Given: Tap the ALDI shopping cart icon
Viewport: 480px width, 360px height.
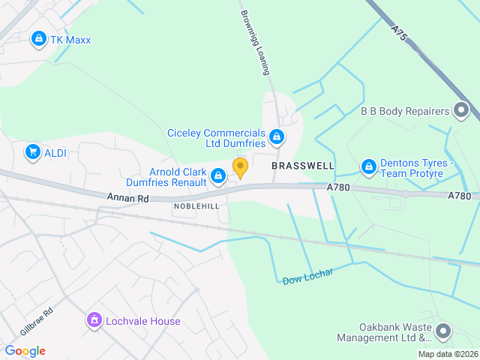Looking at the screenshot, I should point(32,152).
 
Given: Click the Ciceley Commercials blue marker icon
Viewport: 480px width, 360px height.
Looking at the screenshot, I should point(277,136).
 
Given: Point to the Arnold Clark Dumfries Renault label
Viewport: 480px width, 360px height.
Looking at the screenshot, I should point(178,176).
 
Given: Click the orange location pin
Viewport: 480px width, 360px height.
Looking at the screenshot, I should point(240,167).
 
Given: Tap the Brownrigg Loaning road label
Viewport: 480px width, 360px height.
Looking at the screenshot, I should point(253,42).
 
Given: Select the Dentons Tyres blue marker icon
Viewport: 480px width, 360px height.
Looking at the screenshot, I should point(368,167).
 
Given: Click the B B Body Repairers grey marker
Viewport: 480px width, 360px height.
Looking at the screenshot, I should point(461,112).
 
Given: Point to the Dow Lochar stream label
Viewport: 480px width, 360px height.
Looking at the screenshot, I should point(307,276).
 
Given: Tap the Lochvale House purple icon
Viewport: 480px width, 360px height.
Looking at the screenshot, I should point(94,321).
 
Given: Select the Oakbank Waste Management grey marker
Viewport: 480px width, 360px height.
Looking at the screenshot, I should point(443,331).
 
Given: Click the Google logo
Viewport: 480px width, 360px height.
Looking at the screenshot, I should point(25,351).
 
